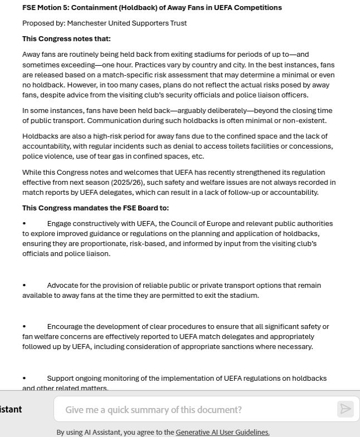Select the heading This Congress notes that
[x=66, y=39]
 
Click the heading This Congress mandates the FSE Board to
[x=95, y=208]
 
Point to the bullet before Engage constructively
[x=25, y=224]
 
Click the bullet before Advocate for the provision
[x=25, y=286]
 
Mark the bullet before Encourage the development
[x=25, y=327]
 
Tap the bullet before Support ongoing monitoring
[x=25, y=379]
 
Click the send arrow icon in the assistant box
[x=345, y=409]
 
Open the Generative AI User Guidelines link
[x=222, y=432]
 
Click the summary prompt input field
[x=195, y=409]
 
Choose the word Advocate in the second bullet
[x=65, y=286]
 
